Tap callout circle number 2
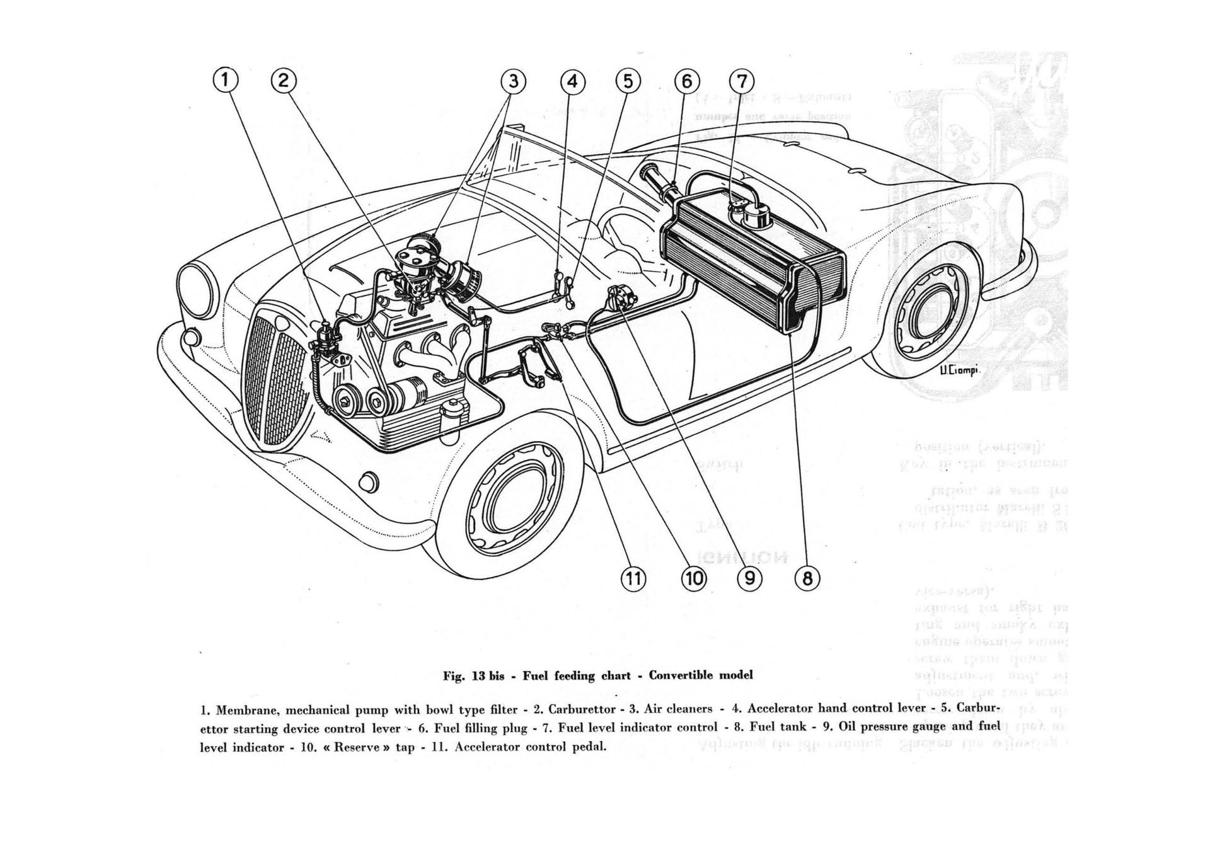283,81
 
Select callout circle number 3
514,81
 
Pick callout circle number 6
686,81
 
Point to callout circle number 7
741,81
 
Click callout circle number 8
807,577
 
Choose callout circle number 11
633,578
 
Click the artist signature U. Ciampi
959,370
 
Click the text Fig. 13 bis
472,676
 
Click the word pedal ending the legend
589,748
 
